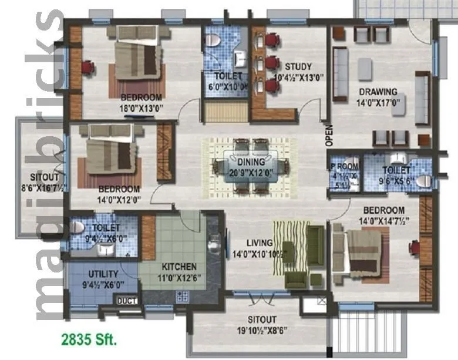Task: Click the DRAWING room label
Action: click(x=378, y=92)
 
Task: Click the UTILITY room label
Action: click(x=103, y=274)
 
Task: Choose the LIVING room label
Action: click(x=260, y=243)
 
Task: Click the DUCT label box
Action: click(x=127, y=301)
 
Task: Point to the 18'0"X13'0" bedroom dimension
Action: click(x=141, y=108)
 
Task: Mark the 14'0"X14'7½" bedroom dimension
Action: click(x=383, y=221)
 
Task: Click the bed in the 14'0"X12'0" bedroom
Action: click(x=111, y=154)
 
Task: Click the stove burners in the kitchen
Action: click(x=182, y=296)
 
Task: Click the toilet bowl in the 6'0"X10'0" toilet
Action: click(x=214, y=41)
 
